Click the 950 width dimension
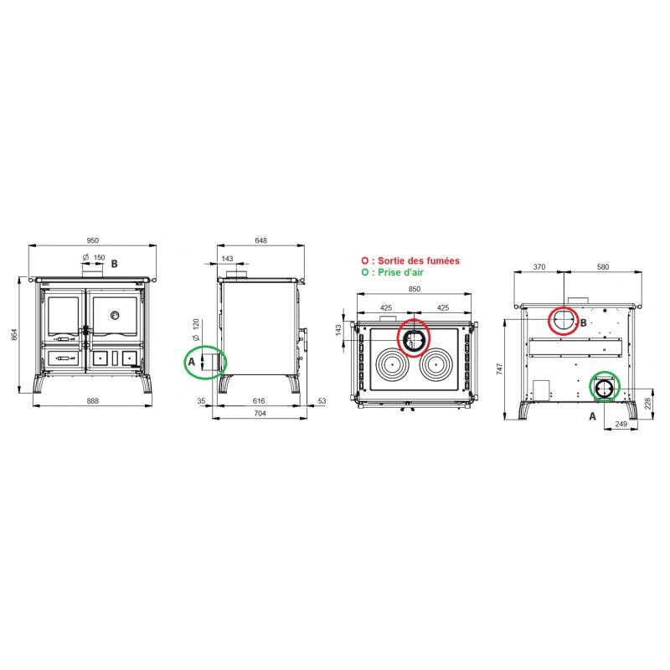coord(93,240)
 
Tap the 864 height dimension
coord(14,334)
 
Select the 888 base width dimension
coord(93,401)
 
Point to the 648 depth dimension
coord(260,240)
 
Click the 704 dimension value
coord(260,413)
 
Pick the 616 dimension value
coord(259,401)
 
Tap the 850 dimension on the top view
coord(414,289)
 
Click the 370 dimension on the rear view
coord(539,266)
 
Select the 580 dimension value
coord(603,266)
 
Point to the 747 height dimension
coord(499,368)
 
